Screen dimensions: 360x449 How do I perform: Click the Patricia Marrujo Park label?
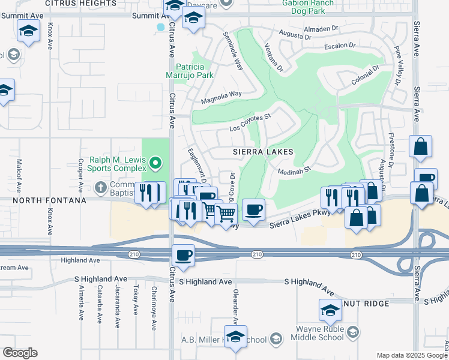point(190,71)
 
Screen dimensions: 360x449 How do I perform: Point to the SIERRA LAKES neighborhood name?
point(263,152)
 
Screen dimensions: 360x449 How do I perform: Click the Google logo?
point(19,353)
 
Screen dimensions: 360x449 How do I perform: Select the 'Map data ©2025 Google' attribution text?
point(412,356)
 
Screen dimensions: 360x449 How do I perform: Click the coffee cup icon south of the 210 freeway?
point(183,255)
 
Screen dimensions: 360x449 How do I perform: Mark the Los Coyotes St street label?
point(251,123)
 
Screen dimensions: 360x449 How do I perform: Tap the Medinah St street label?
point(293,171)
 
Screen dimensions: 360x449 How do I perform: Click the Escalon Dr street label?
point(339,46)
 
